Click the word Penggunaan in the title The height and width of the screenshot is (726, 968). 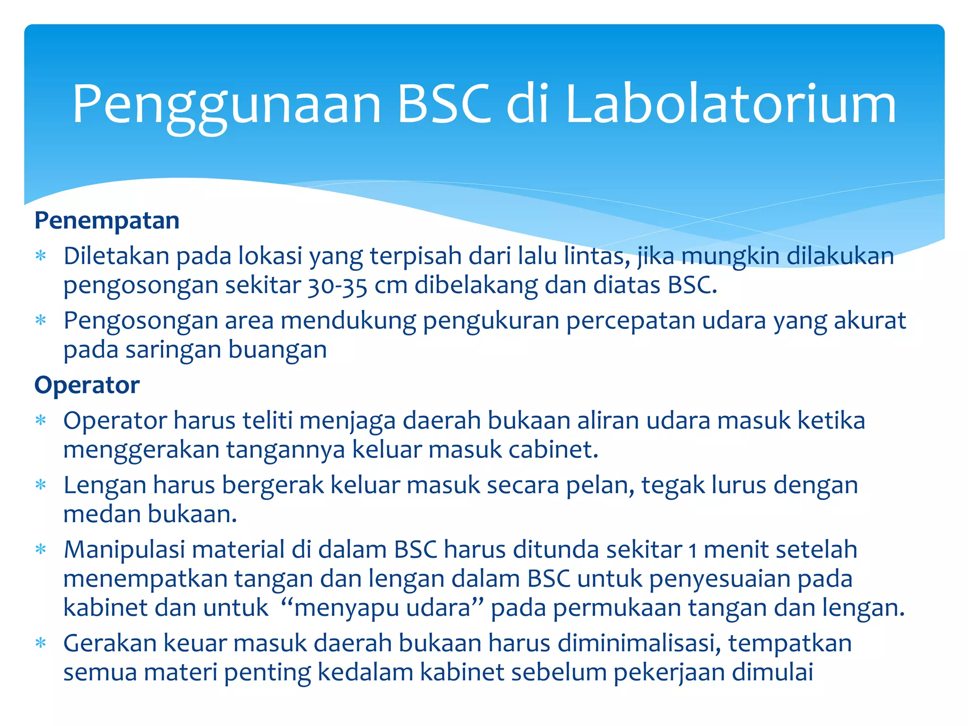click(227, 105)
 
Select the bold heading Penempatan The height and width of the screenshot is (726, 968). click(107, 221)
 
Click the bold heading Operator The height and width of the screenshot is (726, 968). click(87, 385)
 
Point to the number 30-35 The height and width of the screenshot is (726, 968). click(337, 285)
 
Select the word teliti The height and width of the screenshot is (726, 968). click(268, 420)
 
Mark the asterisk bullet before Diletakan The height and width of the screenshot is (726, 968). click(41, 256)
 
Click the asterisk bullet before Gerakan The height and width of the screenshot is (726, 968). click(41, 643)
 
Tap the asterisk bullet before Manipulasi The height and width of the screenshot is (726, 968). click(41, 550)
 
